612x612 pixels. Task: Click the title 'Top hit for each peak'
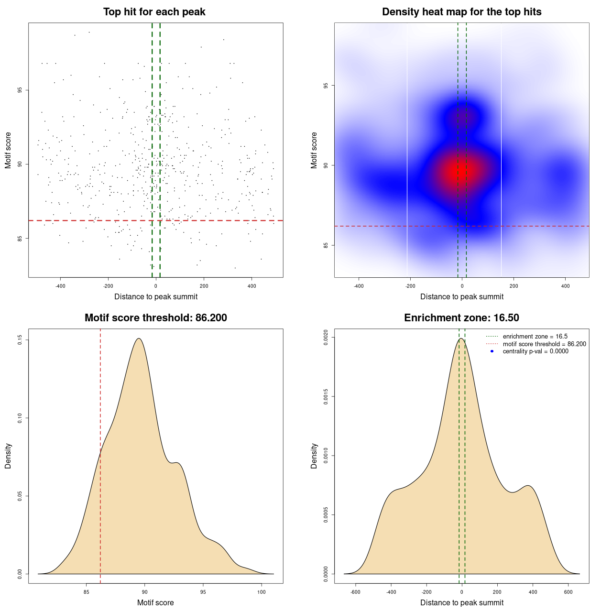[x=154, y=12]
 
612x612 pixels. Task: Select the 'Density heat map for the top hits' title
[x=461, y=12]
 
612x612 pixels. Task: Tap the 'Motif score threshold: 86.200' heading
[x=155, y=318]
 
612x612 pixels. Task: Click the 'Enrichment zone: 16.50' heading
[x=461, y=318]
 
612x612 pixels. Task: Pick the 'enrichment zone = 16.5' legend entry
[x=535, y=337]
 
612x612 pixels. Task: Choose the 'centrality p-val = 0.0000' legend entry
[x=535, y=351]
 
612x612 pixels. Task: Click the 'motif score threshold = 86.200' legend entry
[x=544, y=344]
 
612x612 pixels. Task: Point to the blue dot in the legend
[x=492, y=351]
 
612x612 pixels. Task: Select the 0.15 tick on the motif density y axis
[x=20, y=340]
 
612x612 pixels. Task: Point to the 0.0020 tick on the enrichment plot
[x=326, y=338]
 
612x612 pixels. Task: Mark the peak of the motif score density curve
[x=139, y=339]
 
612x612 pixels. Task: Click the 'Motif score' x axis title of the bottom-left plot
[x=155, y=603]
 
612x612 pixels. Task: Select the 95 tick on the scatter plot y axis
[x=20, y=90]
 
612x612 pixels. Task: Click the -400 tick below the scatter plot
[x=60, y=286]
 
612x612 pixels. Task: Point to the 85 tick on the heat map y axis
[x=326, y=245]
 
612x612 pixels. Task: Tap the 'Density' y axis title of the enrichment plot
[x=314, y=456]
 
